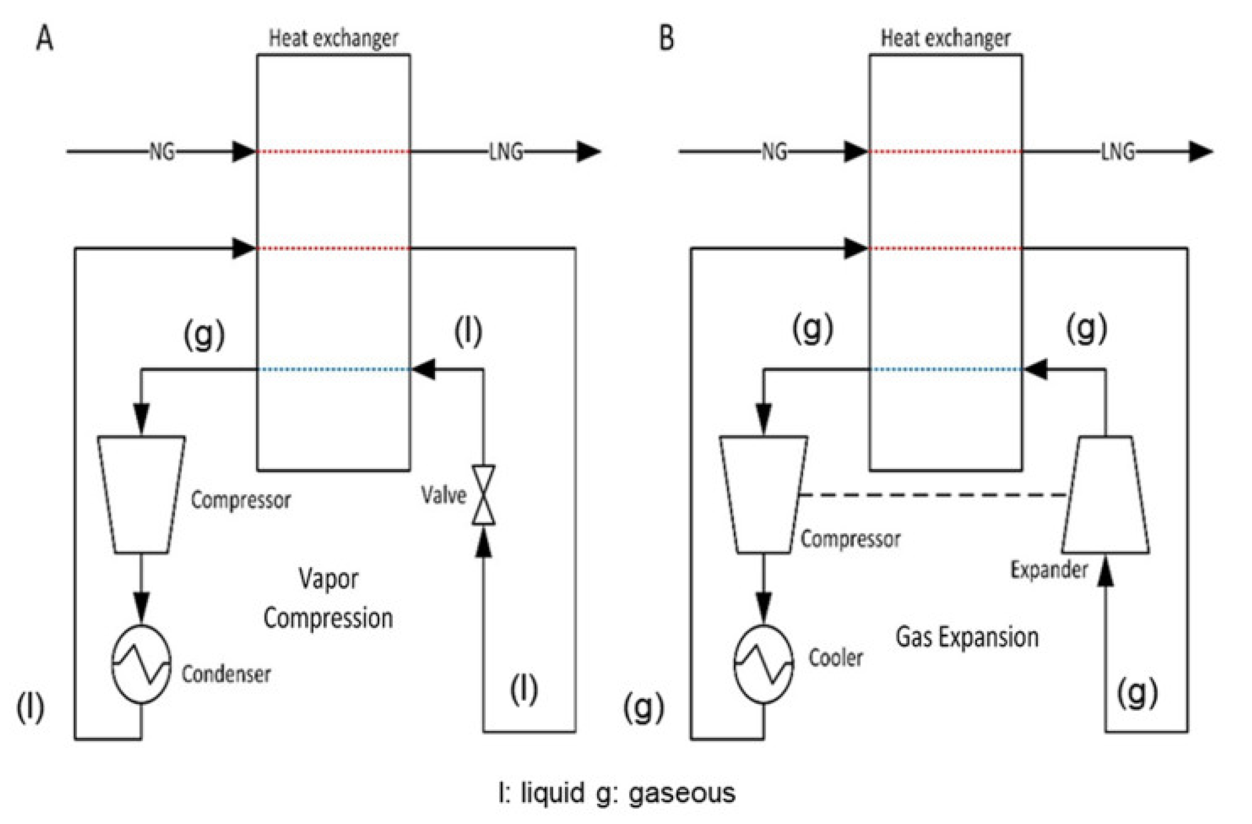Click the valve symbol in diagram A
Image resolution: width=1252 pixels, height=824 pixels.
coord(483,495)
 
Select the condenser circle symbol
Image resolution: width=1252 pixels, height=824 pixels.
coord(141,664)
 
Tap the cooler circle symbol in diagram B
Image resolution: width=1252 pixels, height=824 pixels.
coord(763,664)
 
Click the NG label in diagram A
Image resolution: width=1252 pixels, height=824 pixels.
coord(162,152)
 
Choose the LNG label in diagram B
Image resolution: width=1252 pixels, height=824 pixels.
coord(1118,152)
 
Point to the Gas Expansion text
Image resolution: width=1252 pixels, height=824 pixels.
coord(967,637)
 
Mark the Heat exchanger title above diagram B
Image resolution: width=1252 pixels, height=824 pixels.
coord(945,38)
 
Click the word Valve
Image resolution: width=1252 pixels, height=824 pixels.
coord(444,495)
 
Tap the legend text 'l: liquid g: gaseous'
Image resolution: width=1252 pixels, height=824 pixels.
coord(617,793)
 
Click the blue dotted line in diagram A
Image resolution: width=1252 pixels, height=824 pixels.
coord(334,369)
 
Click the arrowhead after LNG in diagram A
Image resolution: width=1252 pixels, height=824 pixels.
coord(588,152)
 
